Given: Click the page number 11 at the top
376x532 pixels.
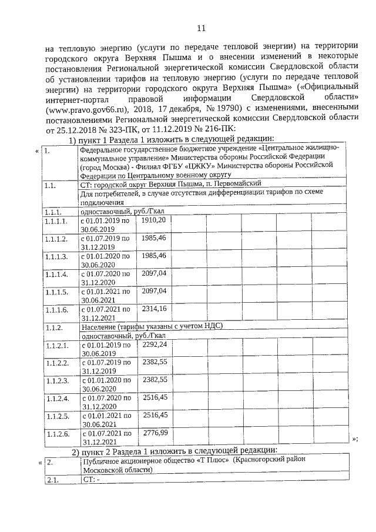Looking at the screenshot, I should coord(200,28).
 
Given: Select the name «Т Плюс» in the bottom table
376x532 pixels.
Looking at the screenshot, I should coord(196,462).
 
